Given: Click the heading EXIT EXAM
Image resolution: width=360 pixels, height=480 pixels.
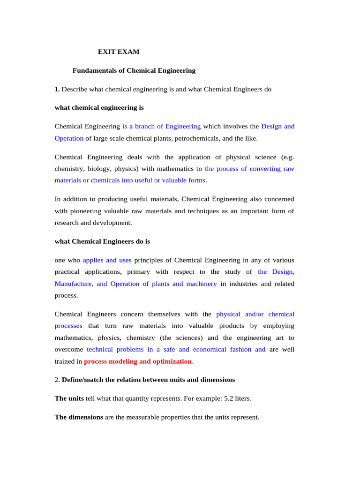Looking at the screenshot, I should [x=119, y=52].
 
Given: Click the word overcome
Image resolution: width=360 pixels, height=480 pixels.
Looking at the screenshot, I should [x=69, y=349].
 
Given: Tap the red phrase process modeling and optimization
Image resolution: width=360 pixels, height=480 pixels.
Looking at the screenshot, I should [x=138, y=361].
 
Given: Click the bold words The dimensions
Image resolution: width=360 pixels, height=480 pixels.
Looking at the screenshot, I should [x=79, y=417].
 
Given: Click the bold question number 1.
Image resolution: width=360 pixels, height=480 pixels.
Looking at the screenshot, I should [x=57, y=89].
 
